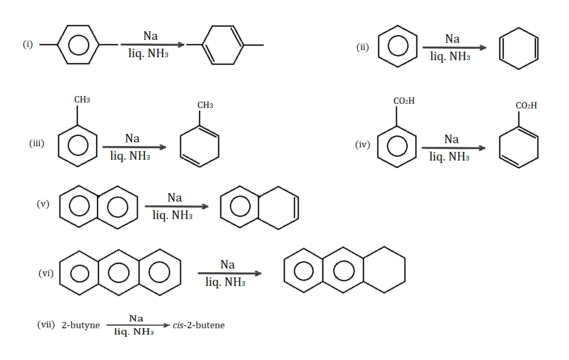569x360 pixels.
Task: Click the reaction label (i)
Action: pyautogui.click(x=28, y=44)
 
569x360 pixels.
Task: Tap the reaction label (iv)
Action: pyautogui.click(x=362, y=145)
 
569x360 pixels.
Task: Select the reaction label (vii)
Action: pyautogui.click(x=46, y=325)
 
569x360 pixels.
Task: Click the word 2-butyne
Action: pyautogui.click(x=81, y=325)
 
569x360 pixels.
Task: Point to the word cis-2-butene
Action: pyautogui.click(x=199, y=325)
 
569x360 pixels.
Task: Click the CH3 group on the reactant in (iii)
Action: pyautogui.click(x=82, y=100)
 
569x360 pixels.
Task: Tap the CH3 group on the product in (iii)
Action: pyautogui.click(x=205, y=105)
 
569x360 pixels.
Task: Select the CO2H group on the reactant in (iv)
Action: pyautogui.click(x=404, y=101)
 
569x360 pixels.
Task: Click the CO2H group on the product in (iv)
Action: pyautogui.click(x=526, y=106)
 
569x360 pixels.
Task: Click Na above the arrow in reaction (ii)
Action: pyautogui.click(x=452, y=39)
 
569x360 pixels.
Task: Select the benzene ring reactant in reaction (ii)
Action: pyautogui.click(x=398, y=46)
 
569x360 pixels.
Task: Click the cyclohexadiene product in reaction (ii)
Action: pyautogui.click(x=519, y=48)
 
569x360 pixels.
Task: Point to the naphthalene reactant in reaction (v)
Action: pyautogui.click(x=98, y=207)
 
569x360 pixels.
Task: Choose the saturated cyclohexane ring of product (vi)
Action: pyautogui.click(x=384, y=270)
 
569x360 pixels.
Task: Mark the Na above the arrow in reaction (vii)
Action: pyautogui.click(x=136, y=318)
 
